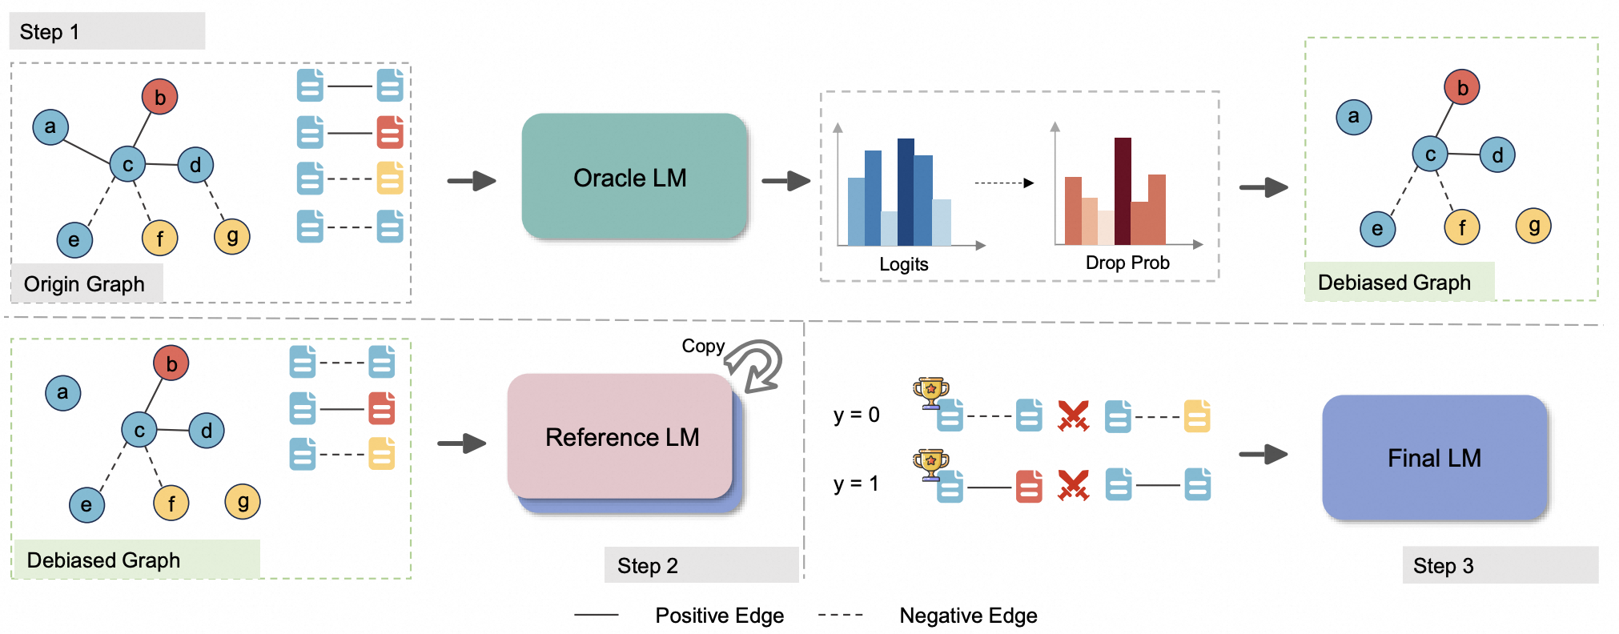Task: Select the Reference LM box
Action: [x=621, y=436]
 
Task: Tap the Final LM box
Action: [x=1434, y=458]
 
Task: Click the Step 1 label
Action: [x=50, y=32]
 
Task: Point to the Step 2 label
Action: [x=647, y=566]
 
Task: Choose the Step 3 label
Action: [x=1443, y=566]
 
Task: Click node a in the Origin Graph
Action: [x=50, y=126]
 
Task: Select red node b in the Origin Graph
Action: [x=159, y=97]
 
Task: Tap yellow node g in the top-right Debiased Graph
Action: [x=1533, y=226]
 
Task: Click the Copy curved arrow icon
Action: [x=755, y=366]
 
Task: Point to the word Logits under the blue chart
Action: [x=903, y=264]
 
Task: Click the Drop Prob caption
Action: [x=1127, y=263]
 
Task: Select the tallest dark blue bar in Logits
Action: [x=906, y=191]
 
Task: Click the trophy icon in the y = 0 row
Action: [x=930, y=391]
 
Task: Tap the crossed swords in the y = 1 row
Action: [x=1073, y=485]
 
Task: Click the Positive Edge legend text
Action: [x=719, y=615]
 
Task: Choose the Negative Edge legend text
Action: [x=967, y=615]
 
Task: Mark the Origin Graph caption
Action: [x=84, y=284]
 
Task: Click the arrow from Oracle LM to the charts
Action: [x=785, y=181]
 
